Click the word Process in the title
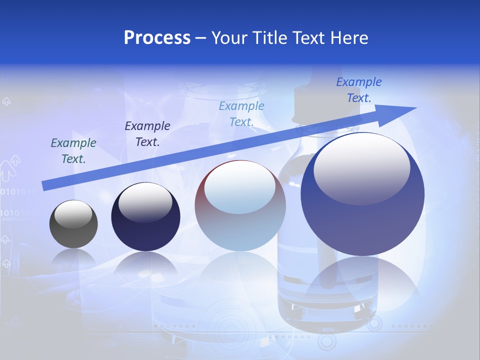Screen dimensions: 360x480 tap(157, 38)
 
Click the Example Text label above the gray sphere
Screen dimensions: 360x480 tap(73, 150)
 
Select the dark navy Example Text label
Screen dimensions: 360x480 tap(147, 133)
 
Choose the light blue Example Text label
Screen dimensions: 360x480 tap(241, 113)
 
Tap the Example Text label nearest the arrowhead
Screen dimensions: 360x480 tap(359, 90)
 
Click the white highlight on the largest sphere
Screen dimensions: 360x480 tap(361, 167)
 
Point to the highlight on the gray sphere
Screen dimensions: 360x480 tap(73, 214)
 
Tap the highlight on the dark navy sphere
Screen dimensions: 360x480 tap(145, 201)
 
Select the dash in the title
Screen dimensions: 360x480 tap(201, 38)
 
